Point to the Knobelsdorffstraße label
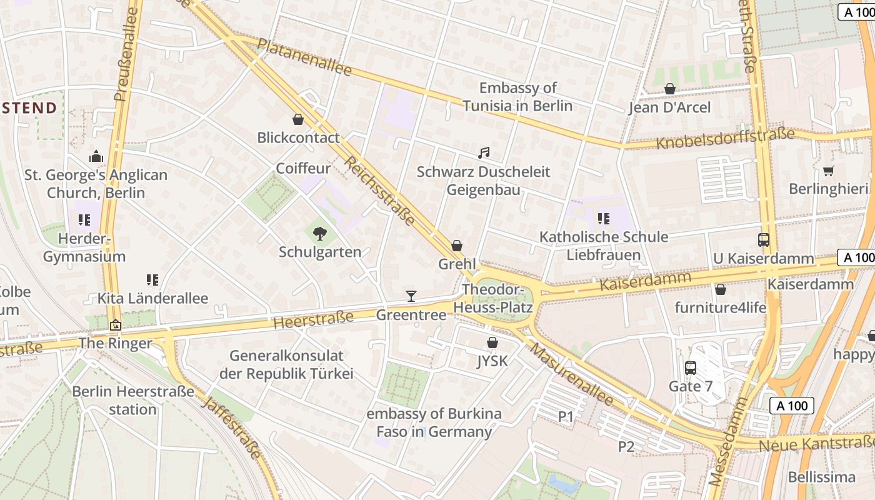point(725,139)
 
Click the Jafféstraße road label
point(231,427)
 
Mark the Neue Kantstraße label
point(816,444)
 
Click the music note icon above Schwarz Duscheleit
point(483,152)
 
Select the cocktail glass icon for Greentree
point(411,296)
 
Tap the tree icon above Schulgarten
point(319,234)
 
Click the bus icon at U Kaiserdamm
point(763,240)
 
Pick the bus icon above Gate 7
point(690,368)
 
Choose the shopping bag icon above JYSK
point(492,342)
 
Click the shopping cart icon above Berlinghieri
point(828,171)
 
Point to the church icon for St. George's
point(96,156)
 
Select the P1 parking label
point(565,416)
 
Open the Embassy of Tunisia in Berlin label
point(517,96)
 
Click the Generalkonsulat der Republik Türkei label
point(286,365)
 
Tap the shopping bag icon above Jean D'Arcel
point(669,89)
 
